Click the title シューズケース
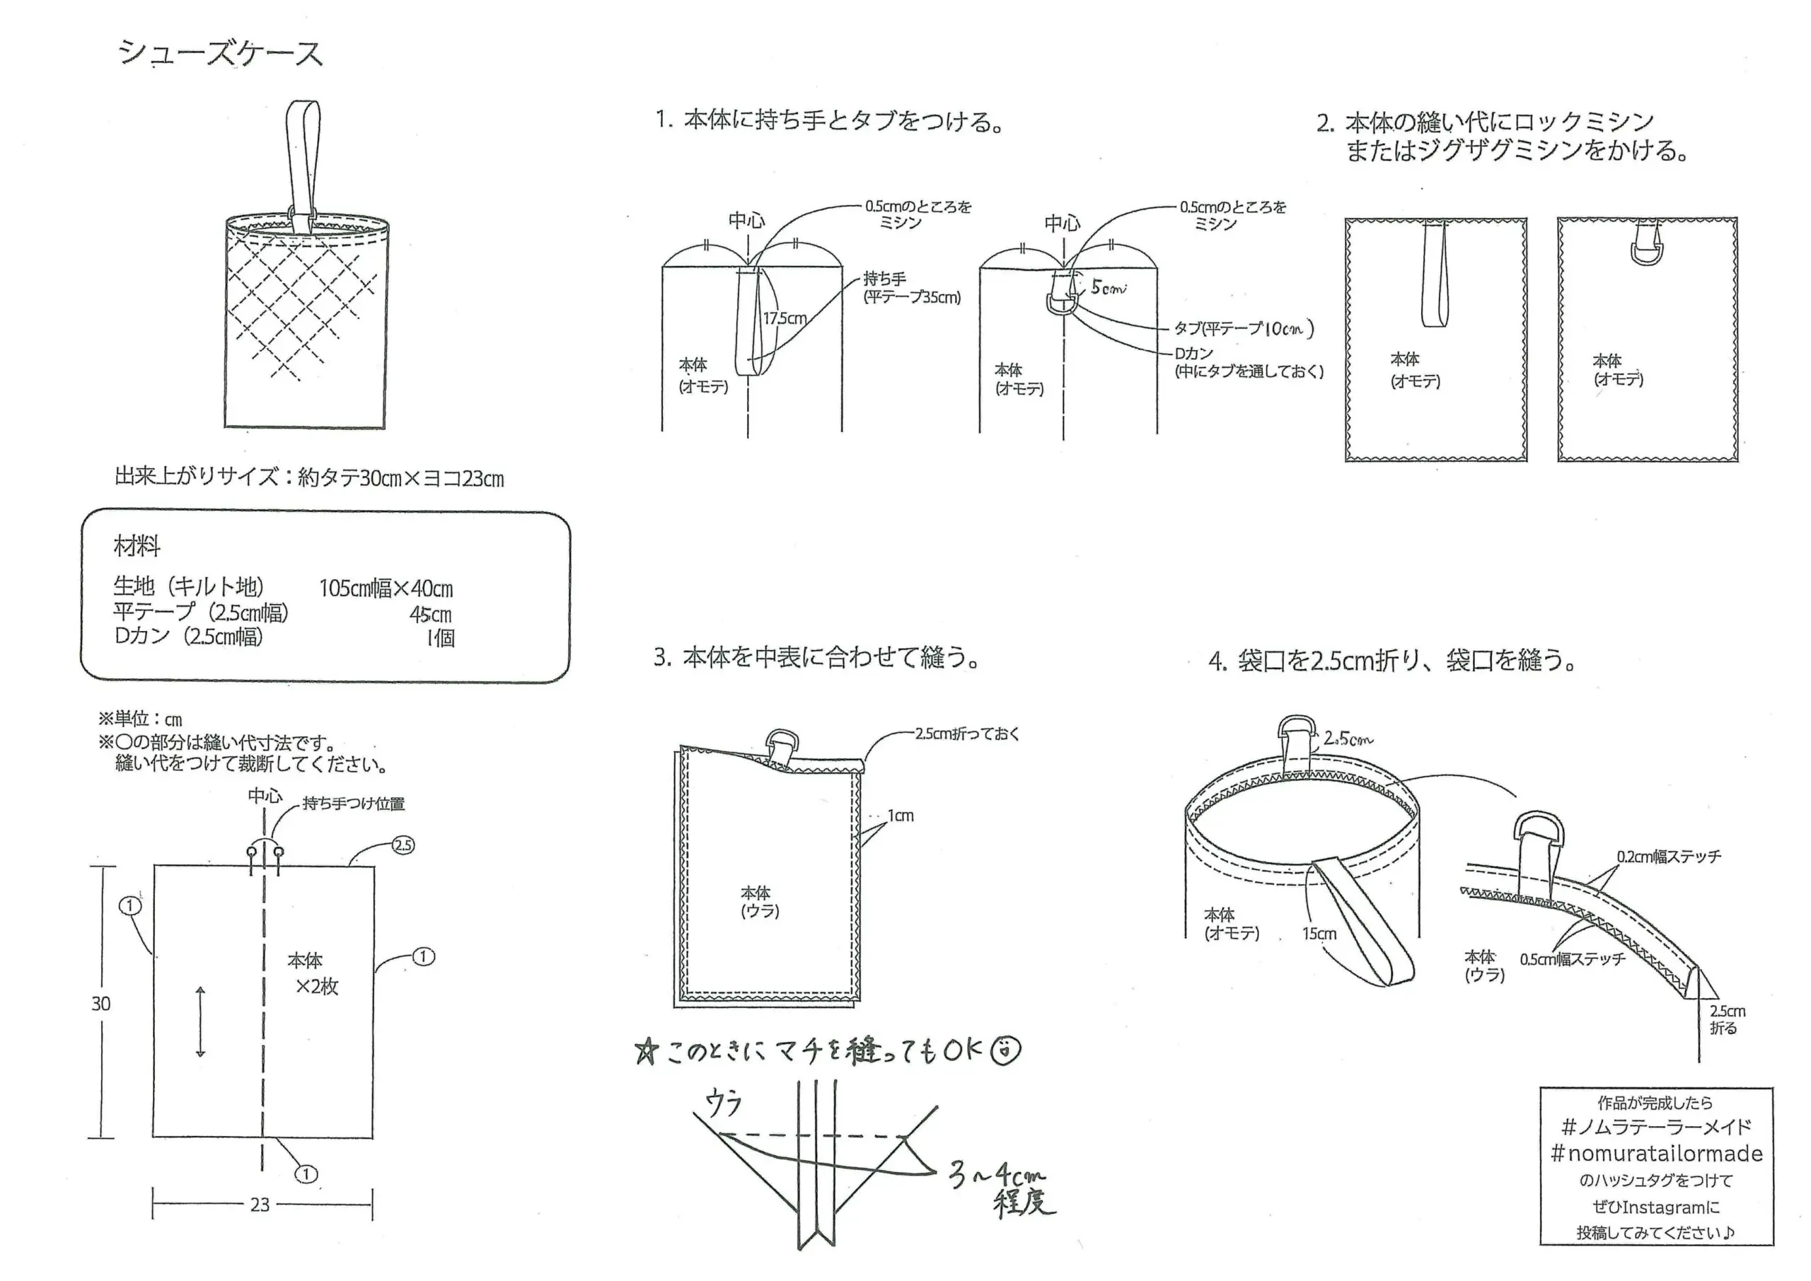[x=220, y=54]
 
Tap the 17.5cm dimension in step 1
[x=784, y=319]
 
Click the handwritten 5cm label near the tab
[x=1109, y=288]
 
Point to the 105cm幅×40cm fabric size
[x=386, y=589]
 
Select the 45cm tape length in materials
[x=430, y=615]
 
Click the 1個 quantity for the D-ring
[x=441, y=638]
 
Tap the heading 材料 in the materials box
[x=137, y=546]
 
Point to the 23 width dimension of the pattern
[x=260, y=1205]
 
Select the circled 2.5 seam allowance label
[x=403, y=845]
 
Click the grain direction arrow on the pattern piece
[x=200, y=1021]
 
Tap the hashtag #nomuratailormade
[x=1656, y=1153]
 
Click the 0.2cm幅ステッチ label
[x=1668, y=857]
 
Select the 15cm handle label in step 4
[x=1319, y=934]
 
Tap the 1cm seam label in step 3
[x=900, y=816]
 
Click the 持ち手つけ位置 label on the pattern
[x=354, y=804]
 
